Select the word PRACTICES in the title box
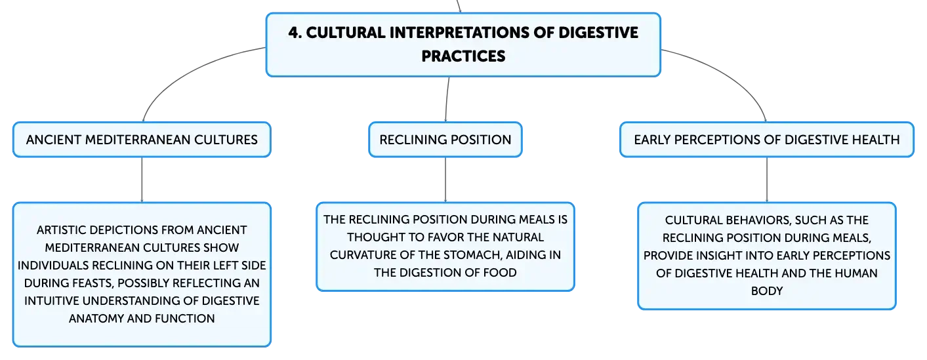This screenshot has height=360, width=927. coord(463,56)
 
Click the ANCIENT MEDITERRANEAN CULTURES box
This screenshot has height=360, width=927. coord(142,140)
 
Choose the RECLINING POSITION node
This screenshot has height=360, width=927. coord(445,140)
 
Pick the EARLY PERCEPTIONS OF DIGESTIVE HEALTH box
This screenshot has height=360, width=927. coord(767,140)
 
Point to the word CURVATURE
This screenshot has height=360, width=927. coord(363,255)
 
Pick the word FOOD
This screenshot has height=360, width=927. coord(502,272)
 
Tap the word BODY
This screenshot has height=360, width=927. coord(767,291)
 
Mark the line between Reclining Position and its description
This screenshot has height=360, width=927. coord(445,180)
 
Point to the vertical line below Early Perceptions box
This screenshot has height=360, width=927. coord(767,180)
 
